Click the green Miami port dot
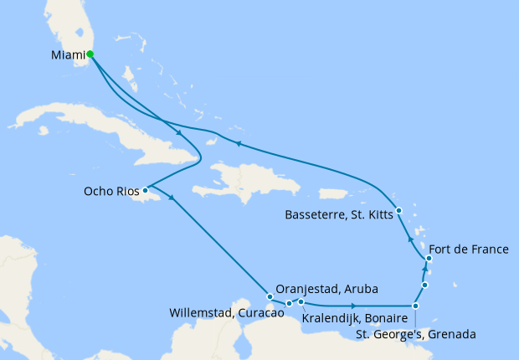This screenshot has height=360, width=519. tap(90, 55)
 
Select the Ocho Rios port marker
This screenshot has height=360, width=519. tap(145, 191)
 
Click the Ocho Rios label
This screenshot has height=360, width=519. tap(111, 192)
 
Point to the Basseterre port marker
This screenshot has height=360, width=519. tap(399, 210)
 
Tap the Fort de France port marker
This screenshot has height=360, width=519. tap(429, 259)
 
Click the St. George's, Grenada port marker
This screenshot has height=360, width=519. tap(414, 306)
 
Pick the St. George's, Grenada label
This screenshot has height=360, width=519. tap(417, 335)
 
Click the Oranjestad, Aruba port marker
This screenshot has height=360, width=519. tap(270, 296)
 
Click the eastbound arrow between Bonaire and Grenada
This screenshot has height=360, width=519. tap(356, 306)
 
